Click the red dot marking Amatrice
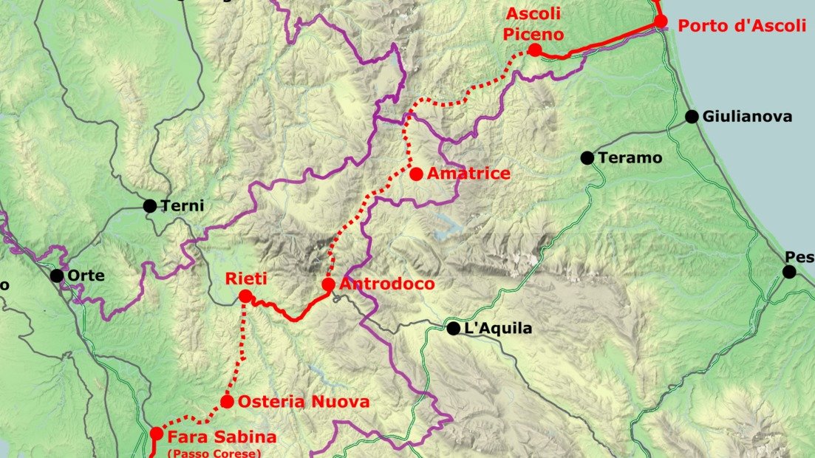[416, 174]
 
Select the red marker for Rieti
[245, 297]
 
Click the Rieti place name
[246, 278]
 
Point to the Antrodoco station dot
[329, 284]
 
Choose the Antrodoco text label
[387, 284]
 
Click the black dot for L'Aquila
[454, 329]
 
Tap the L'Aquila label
[497, 329]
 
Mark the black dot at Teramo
[587, 158]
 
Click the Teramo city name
[630, 158]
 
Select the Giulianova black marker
[692, 117]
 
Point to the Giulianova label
[748, 117]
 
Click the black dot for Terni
[150, 206]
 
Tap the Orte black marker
[57, 276]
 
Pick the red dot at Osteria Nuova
[227, 402]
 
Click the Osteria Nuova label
[304, 402]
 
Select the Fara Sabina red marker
[156, 434]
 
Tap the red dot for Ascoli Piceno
[534, 50]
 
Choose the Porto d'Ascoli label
[742, 26]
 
